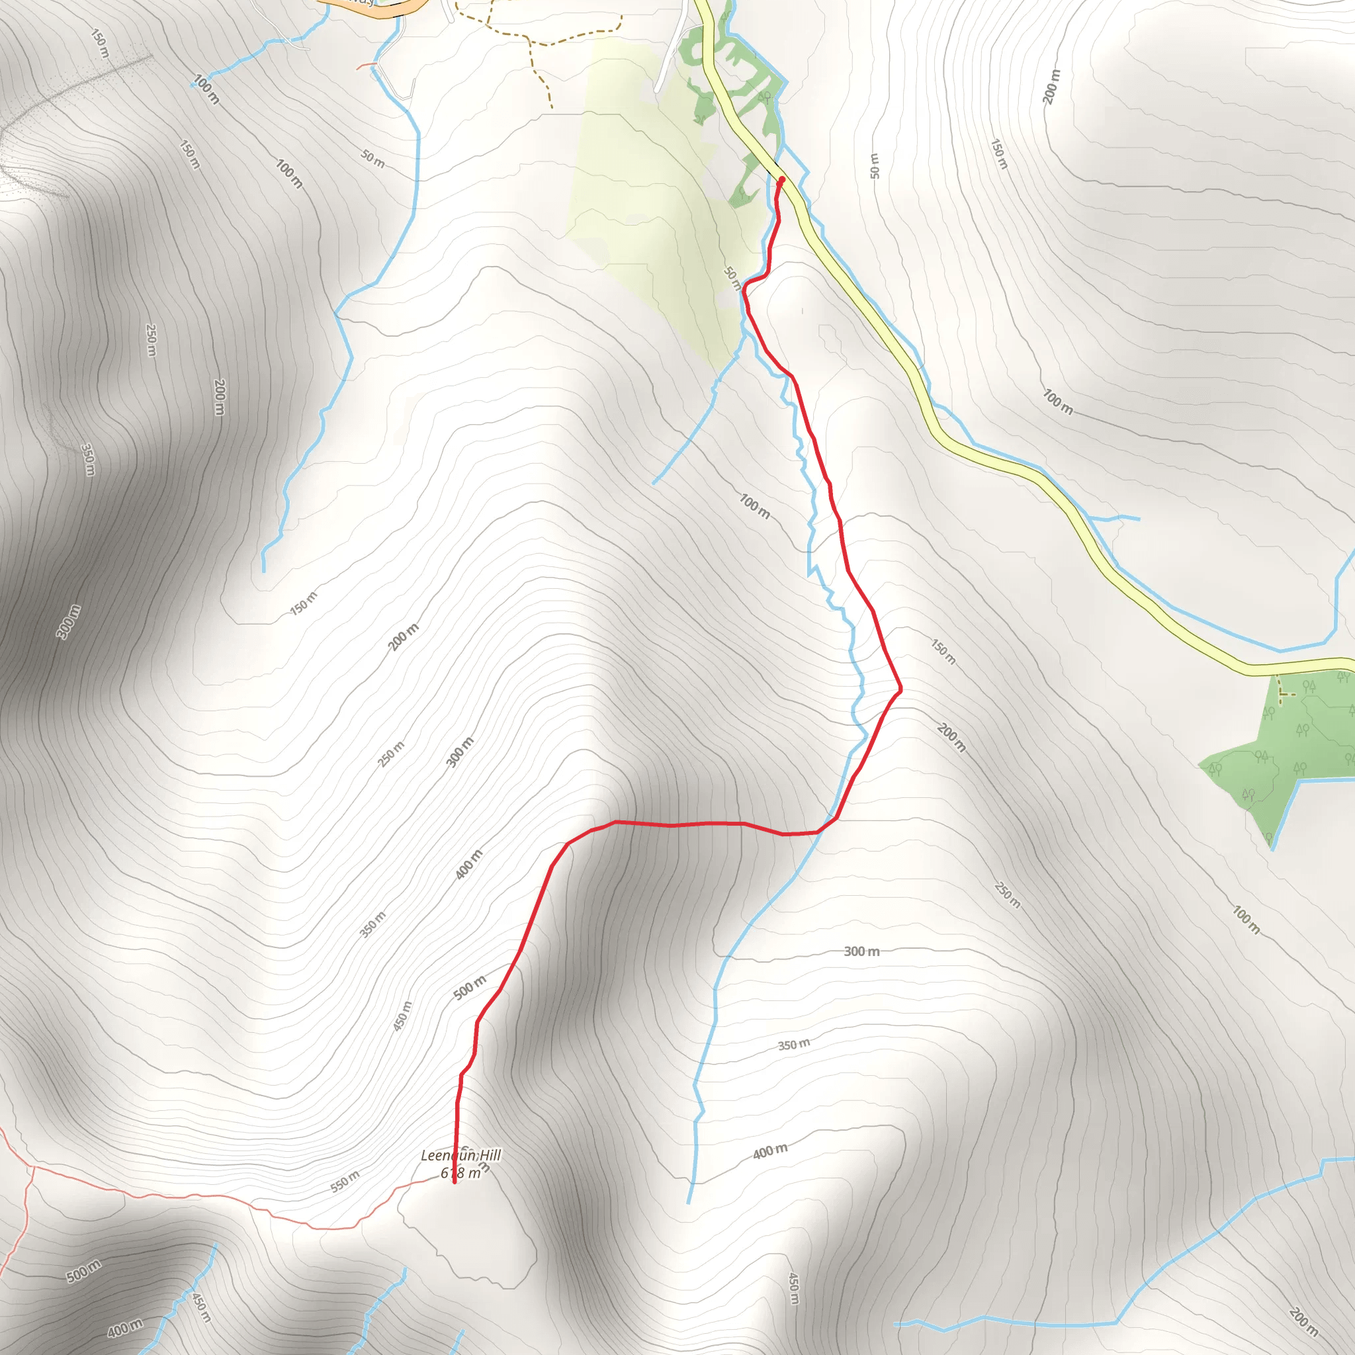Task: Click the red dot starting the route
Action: point(781,179)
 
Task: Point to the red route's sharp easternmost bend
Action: point(900,690)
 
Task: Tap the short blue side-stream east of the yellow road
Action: point(1115,518)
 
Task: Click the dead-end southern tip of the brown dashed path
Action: point(551,107)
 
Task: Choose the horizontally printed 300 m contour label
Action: point(861,951)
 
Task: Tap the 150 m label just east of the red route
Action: point(943,651)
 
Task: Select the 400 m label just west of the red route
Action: point(468,865)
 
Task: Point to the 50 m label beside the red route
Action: point(732,278)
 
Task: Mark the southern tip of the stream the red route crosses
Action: point(688,1203)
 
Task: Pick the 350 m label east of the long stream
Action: point(793,1045)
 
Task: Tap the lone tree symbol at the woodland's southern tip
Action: point(1269,837)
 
